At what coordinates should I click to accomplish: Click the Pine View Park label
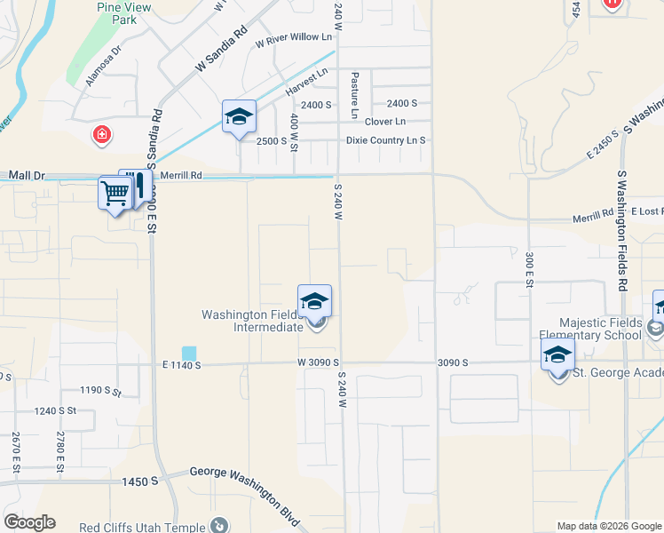point(123,12)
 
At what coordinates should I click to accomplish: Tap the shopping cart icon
point(115,191)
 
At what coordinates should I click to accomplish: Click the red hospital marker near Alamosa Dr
point(103,135)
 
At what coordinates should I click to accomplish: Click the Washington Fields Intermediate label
point(254,321)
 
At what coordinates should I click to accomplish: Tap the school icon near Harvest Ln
point(239,117)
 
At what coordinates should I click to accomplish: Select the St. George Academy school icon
point(557,355)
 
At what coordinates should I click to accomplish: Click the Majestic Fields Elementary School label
point(600,329)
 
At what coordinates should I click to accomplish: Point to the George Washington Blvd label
point(246,497)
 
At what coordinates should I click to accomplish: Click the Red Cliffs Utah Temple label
point(143,527)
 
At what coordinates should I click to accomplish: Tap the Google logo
point(29,521)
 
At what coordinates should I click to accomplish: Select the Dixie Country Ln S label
point(386,140)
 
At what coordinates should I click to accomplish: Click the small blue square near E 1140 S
point(189,353)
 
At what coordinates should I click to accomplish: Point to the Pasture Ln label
point(354,88)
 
